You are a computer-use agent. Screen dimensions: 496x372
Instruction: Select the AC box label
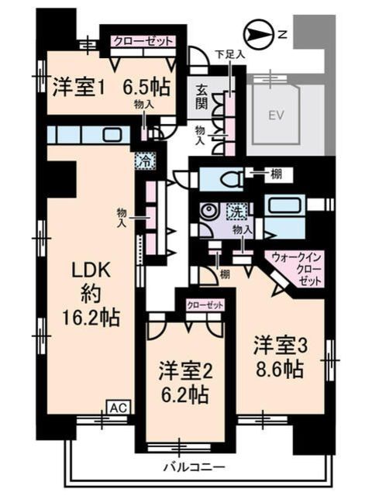point(117,407)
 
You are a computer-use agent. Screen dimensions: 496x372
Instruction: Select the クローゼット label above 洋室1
point(142,41)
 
